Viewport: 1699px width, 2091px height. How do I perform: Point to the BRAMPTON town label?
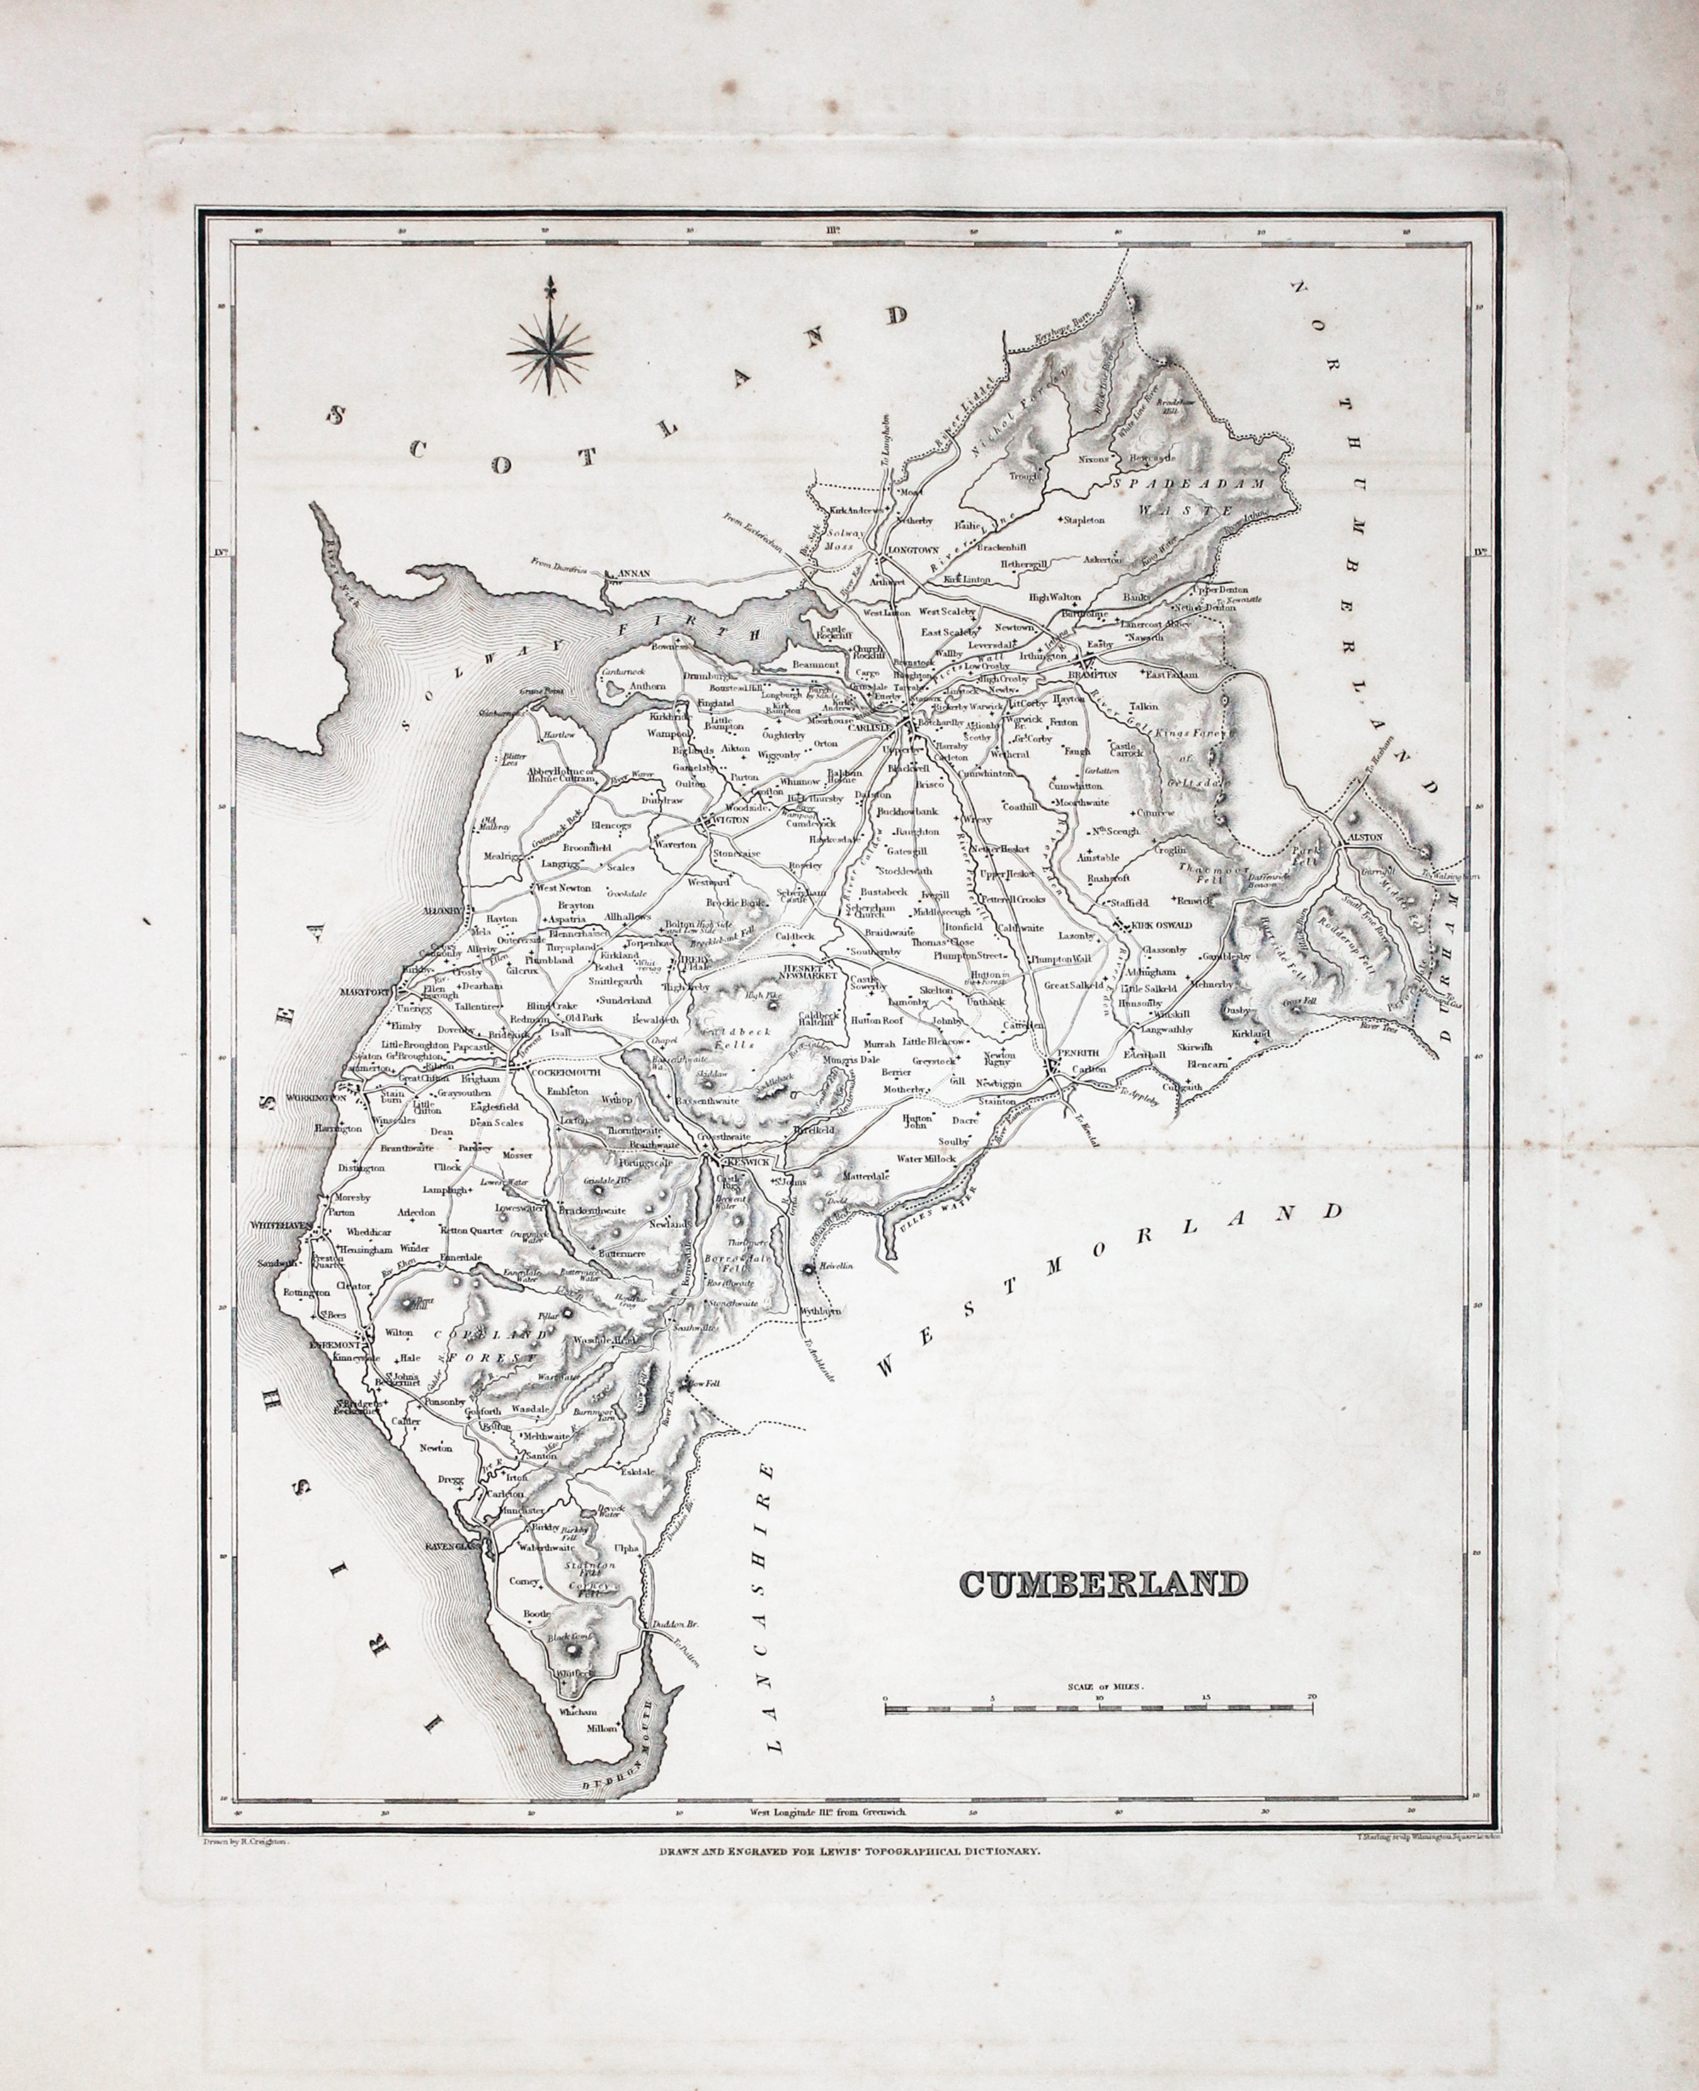1092,676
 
